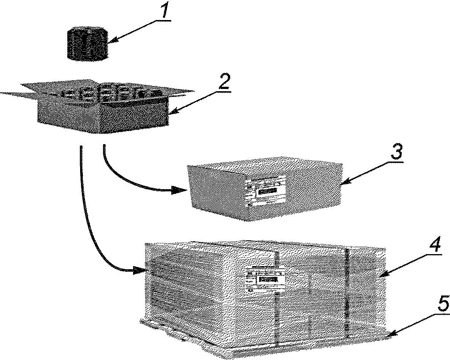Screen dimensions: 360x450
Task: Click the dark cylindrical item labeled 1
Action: pos(88,43)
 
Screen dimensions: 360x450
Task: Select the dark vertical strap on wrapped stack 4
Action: pos(346,289)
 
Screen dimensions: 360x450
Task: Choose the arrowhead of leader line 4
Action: pos(381,275)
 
